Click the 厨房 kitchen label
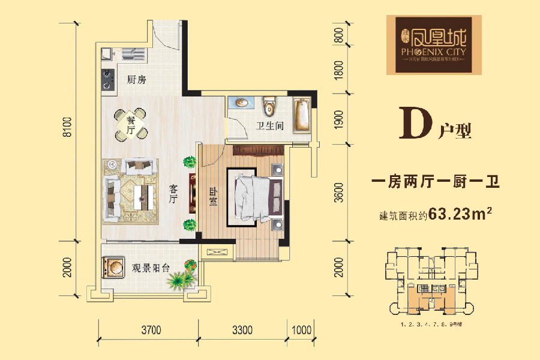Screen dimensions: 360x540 137,79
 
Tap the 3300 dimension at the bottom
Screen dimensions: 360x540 244,329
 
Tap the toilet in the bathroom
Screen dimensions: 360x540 269,106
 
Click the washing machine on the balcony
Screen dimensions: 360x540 112,266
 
